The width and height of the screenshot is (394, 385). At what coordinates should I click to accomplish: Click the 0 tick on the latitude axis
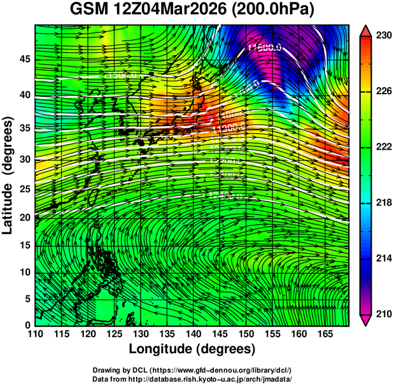click(x=27, y=325)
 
